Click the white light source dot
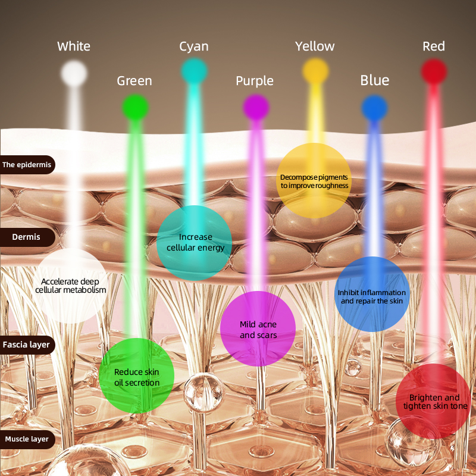pyautogui.click(x=74, y=73)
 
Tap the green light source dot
pyautogui.click(x=135, y=107)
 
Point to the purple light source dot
pyautogui.click(x=256, y=107)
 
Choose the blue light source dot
pyautogui.click(x=375, y=107)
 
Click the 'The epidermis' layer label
pyautogui.click(x=27, y=165)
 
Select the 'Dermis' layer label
pyautogui.click(x=27, y=237)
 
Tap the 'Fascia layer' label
pyautogui.click(x=27, y=345)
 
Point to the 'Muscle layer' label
pyautogui.click(x=27, y=440)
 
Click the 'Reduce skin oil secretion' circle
pyautogui.click(x=137, y=376)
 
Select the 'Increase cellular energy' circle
pyautogui.click(x=195, y=243)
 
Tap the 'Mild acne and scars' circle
pyautogui.click(x=258, y=329)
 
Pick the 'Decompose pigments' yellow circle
pyautogui.click(x=314, y=180)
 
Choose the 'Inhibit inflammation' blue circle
pyautogui.click(x=372, y=294)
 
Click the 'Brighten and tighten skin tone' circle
pyautogui.click(x=434, y=402)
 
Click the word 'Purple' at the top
pyautogui.click(x=255, y=81)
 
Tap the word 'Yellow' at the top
pyautogui.click(x=315, y=46)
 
